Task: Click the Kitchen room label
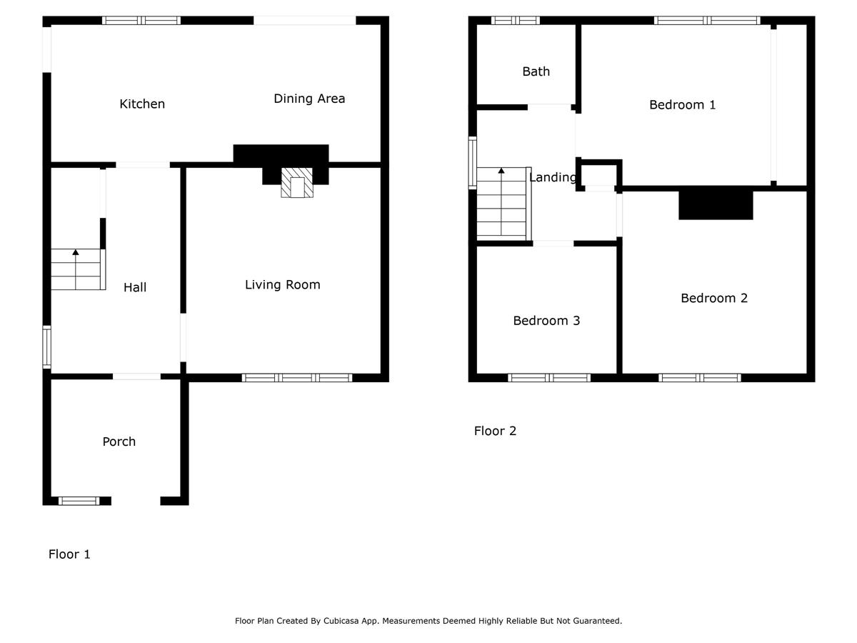click(142, 104)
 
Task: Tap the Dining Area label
click(309, 99)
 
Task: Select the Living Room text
click(283, 284)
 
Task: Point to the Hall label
click(135, 287)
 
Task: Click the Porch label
click(119, 442)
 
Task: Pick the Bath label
click(536, 71)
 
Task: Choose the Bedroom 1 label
click(683, 104)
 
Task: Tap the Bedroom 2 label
click(714, 298)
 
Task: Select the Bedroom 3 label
click(546, 321)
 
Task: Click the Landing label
click(553, 177)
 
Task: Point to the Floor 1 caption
click(69, 554)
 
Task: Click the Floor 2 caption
click(495, 431)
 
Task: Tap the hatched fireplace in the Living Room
click(297, 183)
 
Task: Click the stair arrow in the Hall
click(76, 269)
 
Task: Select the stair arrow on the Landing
click(501, 201)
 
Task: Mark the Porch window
click(79, 501)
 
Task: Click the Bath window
click(516, 20)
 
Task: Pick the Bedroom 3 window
click(549, 377)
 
